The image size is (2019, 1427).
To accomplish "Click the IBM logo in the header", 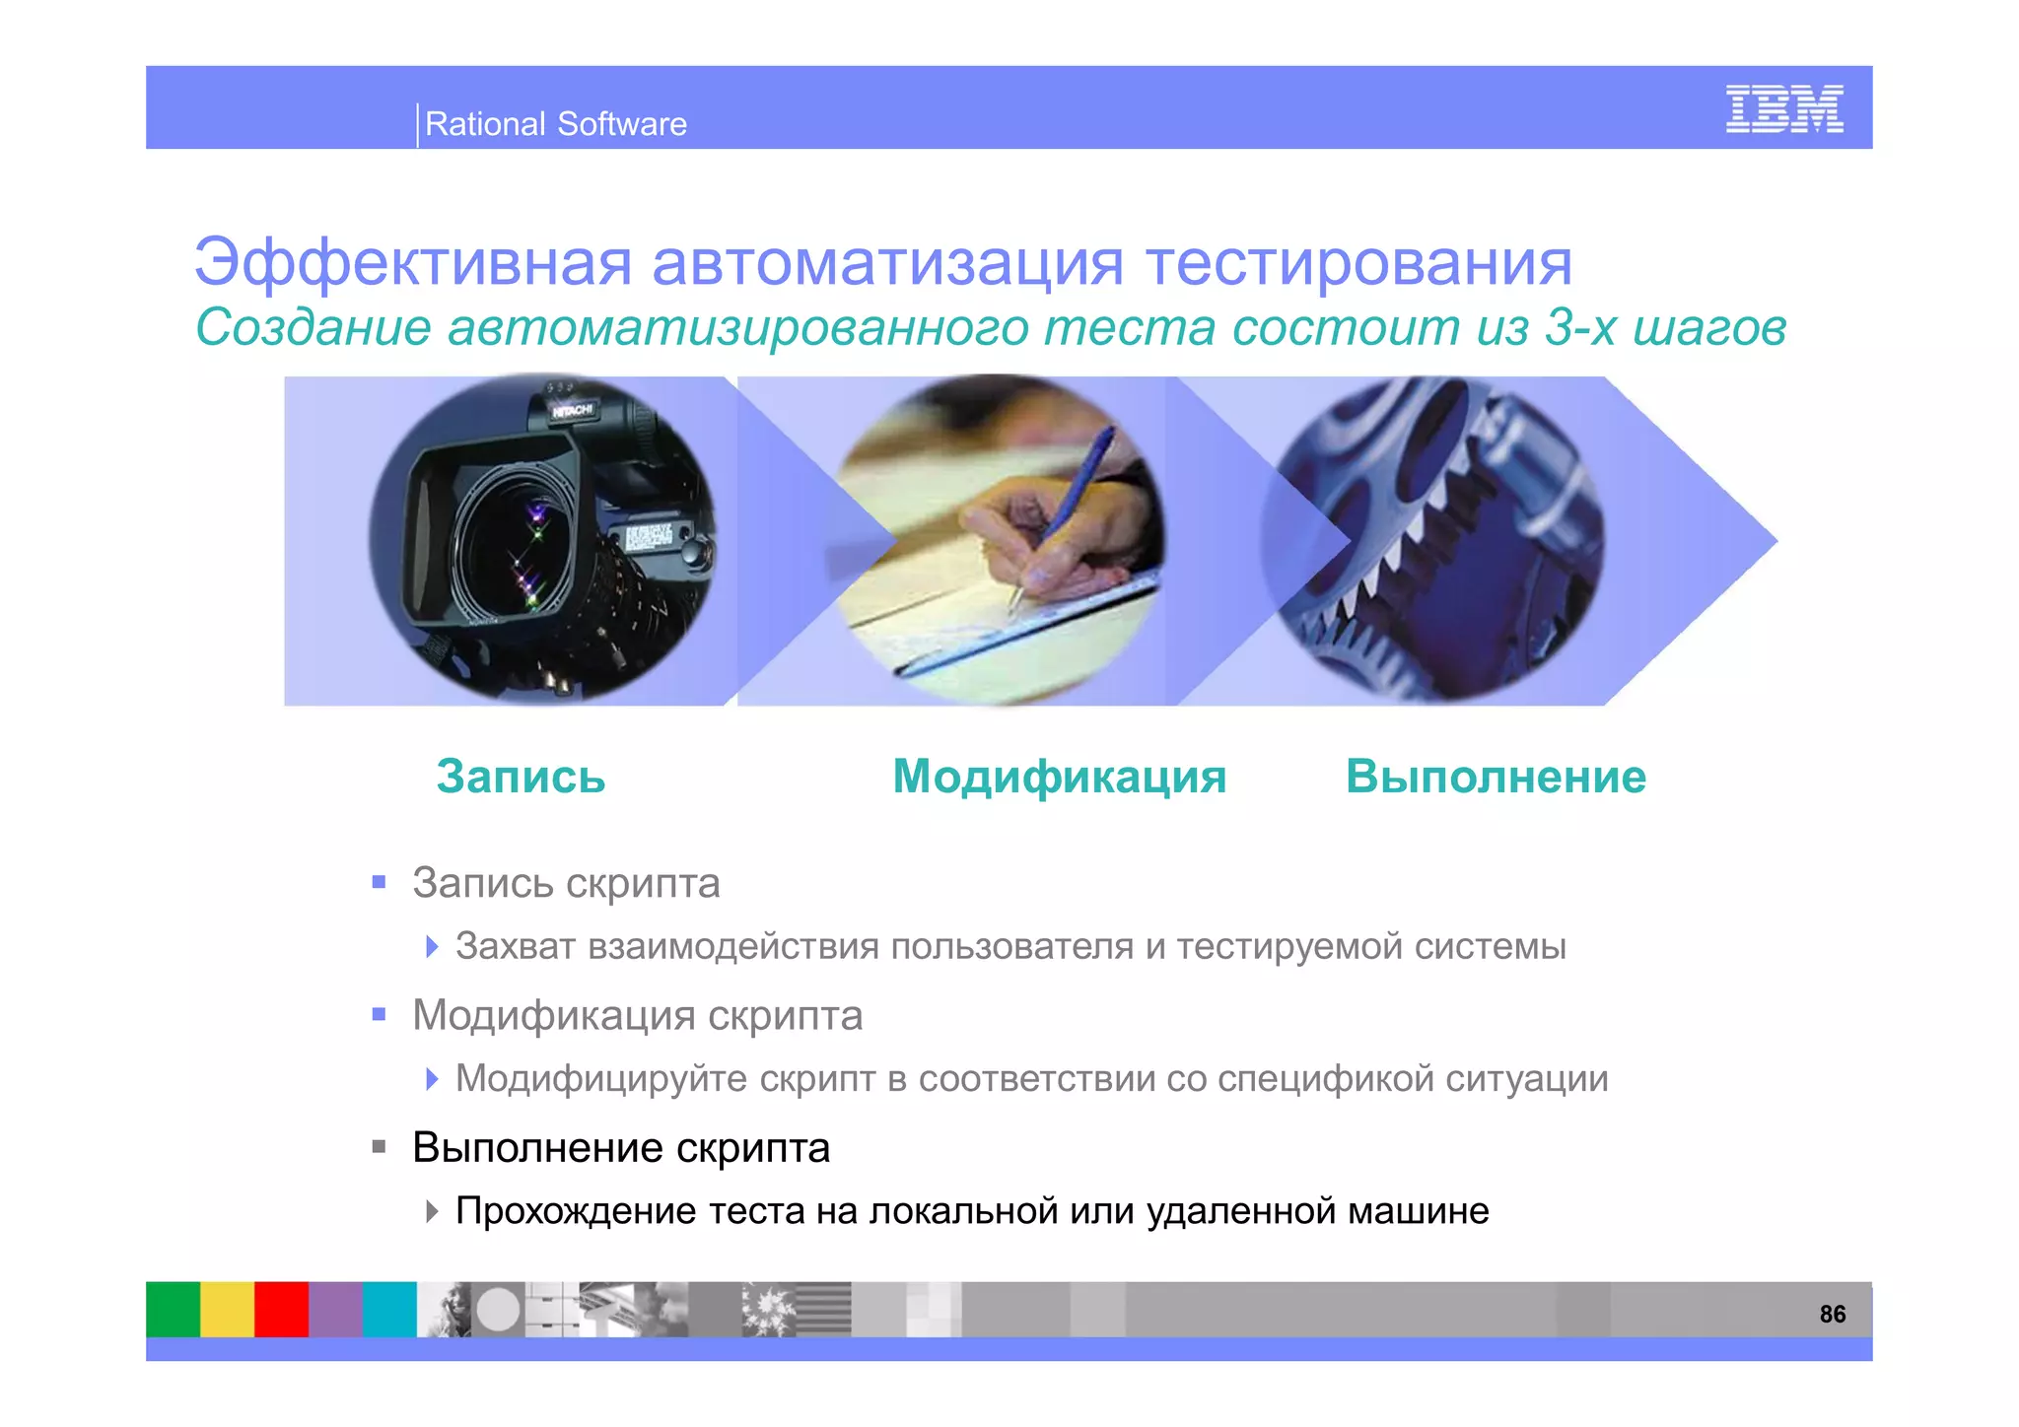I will coord(1783,109).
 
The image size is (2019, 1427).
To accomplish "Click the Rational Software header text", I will coord(555,124).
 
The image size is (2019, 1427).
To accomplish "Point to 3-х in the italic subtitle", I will coord(1580,327).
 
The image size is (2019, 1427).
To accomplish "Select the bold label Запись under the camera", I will coord(521,777).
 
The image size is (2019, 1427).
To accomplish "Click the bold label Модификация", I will coord(1060,777).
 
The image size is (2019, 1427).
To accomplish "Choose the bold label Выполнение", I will coord(1496,777).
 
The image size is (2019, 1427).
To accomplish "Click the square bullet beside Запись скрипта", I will coord(379,882).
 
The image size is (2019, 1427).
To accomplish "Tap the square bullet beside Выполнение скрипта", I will coord(379,1147).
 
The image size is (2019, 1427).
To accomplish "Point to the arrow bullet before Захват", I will coord(432,947).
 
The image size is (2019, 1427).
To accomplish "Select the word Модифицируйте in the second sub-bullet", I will coord(601,1079).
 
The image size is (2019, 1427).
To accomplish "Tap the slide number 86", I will coord(1832,1314).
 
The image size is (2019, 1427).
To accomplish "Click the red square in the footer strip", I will coord(282,1309).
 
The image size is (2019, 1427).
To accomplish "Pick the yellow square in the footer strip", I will coord(228,1309).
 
